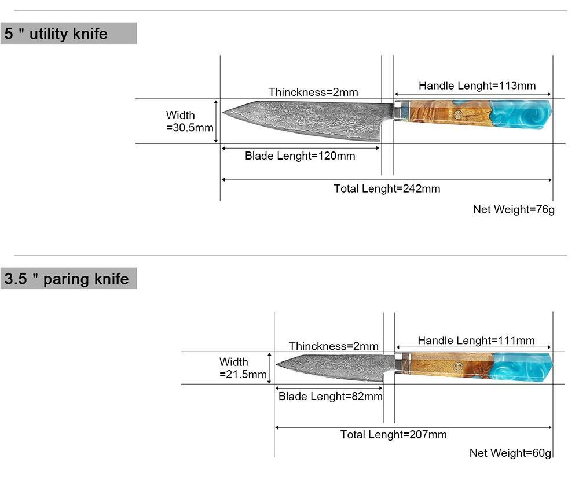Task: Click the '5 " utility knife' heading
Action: [56, 34]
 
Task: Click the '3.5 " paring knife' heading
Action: [67, 279]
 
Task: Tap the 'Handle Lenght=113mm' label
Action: [477, 86]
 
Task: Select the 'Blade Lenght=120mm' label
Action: [300, 156]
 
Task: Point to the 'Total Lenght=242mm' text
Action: [387, 188]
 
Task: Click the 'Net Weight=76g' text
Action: [514, 209]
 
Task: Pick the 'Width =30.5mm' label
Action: [189, 121]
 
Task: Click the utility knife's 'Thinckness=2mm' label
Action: [313, 92]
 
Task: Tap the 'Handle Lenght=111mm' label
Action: [476, 341]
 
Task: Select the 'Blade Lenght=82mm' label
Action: [330, 396]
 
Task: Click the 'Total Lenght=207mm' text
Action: [393, 435]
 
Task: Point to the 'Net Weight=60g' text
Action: [510, 453]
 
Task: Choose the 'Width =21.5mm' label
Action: [243, 368]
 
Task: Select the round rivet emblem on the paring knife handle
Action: [459, 366]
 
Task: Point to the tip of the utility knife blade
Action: [224, 112]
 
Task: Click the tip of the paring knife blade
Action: [277, 365]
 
